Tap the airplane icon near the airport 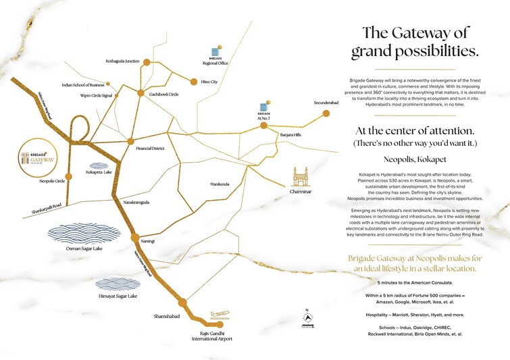pos(220,315)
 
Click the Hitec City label pos(209,82)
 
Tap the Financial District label pos(150,147)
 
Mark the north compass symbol pos(307,319)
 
